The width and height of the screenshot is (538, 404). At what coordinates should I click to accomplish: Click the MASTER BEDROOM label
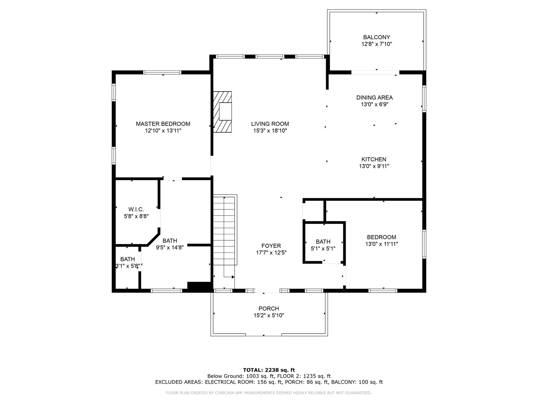(163, 124)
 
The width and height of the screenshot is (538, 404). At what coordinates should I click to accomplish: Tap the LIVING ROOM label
(270, 124)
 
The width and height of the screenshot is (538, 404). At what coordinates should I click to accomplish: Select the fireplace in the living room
(222, 112)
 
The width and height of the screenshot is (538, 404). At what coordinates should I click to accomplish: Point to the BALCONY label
(377, 37)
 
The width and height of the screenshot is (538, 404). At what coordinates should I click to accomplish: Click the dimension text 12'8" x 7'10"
(377, 44)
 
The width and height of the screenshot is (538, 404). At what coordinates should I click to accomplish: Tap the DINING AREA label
(375, 98)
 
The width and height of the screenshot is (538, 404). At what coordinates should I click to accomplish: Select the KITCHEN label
(374, 160)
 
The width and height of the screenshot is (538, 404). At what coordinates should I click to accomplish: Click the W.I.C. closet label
(136, 209)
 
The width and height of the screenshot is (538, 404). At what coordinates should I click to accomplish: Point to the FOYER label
(271, 246)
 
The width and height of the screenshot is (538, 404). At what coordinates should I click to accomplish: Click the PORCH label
(269, 309)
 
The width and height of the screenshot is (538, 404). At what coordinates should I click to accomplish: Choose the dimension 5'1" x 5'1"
(323, 248)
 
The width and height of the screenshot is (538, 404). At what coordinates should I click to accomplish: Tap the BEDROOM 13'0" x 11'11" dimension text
(381, 244)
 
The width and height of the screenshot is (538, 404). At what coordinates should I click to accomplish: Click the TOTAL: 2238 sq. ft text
(269, 370)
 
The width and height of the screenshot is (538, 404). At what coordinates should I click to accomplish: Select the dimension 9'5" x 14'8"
(169, 247)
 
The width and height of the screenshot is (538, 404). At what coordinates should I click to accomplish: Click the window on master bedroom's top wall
(162, 72)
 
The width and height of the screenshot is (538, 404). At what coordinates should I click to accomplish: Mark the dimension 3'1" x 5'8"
(128, 266)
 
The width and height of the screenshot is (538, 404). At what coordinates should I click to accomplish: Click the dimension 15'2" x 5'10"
(269, 315)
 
